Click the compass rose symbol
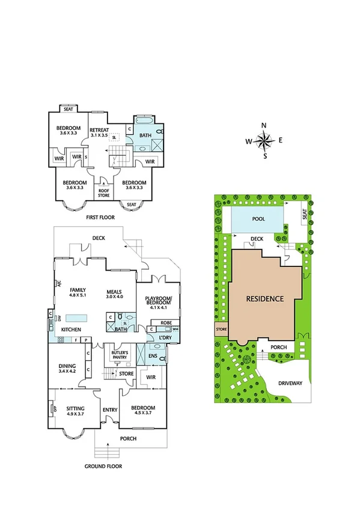264,141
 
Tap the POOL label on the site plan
258,219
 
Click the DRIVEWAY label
290,382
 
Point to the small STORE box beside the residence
222,329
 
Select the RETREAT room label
99,129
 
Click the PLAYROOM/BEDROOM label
159,301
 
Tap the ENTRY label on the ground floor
110,410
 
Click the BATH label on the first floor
145,135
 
